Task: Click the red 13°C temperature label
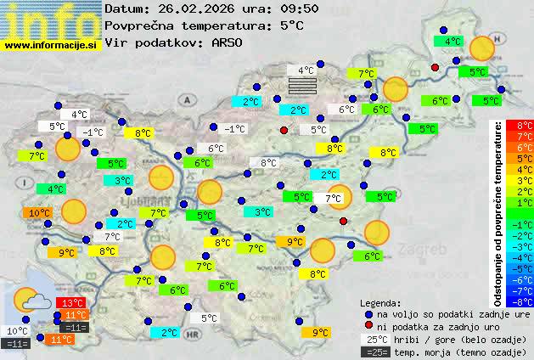coord(70,303)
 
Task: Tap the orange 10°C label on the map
coord(38,213)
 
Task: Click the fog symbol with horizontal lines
coord(302,86)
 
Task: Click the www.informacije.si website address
coord(50,45)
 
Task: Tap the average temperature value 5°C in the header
coord(291,25)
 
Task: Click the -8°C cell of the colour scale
coord(520,301)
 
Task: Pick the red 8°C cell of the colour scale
coord(520,126)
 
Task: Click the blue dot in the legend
coord(368,314)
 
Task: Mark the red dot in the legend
coord(368,327)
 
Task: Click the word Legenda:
coord(381,302)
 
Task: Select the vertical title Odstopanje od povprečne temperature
coord(498,212)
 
